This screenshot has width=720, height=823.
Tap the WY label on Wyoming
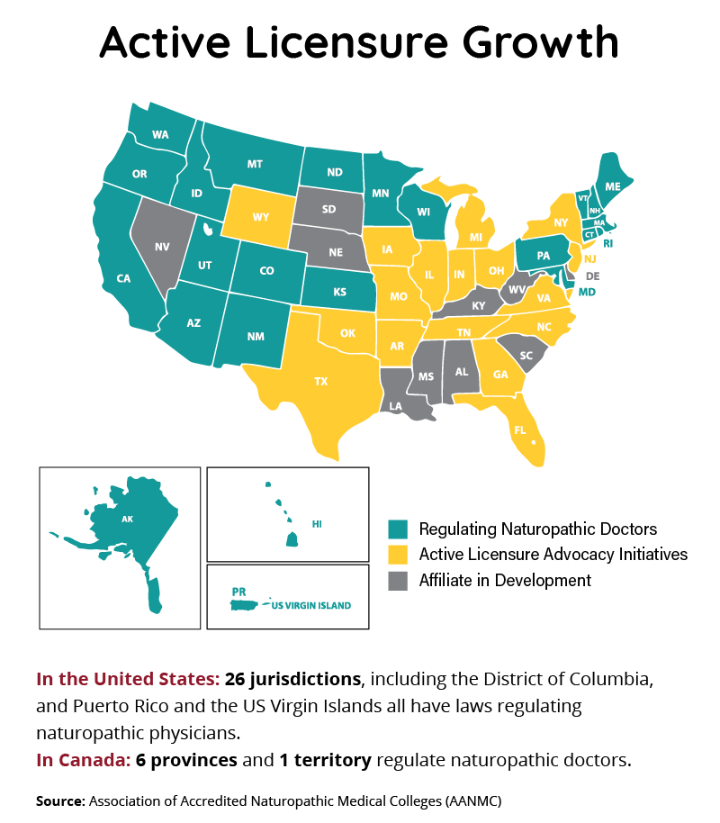click(261, 217)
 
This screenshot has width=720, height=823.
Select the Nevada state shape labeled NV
click(162, 245)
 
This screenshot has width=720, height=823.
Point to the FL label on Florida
click(520, 430)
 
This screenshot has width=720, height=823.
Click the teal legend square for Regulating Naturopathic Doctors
click(398, 529)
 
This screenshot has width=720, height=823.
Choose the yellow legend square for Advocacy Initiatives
click(398, 554)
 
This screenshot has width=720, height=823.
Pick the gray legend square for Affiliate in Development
click(398, 580)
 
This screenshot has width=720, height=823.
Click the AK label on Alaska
click(127, 519)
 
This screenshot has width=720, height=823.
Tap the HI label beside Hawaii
click(317, 523)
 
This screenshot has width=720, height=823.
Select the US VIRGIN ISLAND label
click(311, 606)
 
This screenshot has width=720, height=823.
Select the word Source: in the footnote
click(59, 800)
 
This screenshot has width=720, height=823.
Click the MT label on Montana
click(255, 164)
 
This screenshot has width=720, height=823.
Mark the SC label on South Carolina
click(526, 356)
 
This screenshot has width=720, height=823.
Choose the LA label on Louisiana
click(396, 406)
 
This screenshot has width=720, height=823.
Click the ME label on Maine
click(613, 186)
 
